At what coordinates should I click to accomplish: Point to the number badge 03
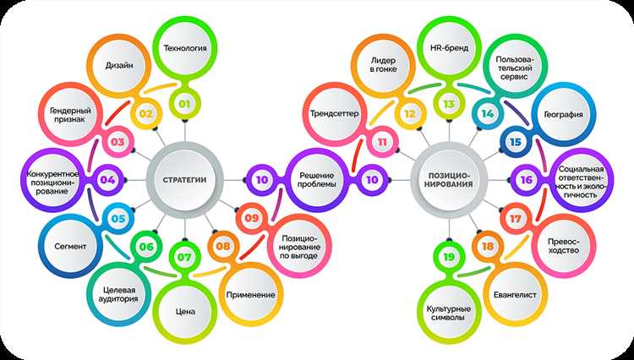117,141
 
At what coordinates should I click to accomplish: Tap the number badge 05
118,218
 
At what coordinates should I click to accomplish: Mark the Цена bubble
185,311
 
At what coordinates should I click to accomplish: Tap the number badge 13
449,105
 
